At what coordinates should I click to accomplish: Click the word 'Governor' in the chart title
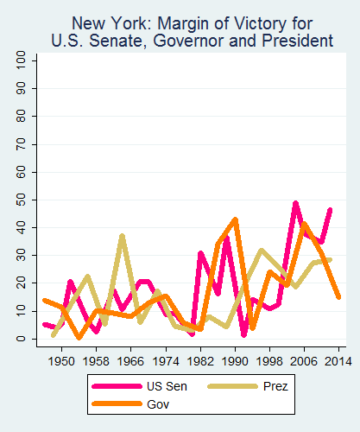pos(222,40)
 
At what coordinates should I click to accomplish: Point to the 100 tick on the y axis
pos(20,60)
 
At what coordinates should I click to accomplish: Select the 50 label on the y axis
pos(20,200)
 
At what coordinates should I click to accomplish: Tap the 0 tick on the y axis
pos(20,339)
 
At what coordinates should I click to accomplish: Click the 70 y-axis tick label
pos(20,144)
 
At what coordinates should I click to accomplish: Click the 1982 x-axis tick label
pos(200,360)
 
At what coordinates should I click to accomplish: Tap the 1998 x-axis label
pos(270,360)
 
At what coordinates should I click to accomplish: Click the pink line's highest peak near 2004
pos(295,204)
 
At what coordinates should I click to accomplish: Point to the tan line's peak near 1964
pos(122,236)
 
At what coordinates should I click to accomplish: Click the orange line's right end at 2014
pos(338,296)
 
